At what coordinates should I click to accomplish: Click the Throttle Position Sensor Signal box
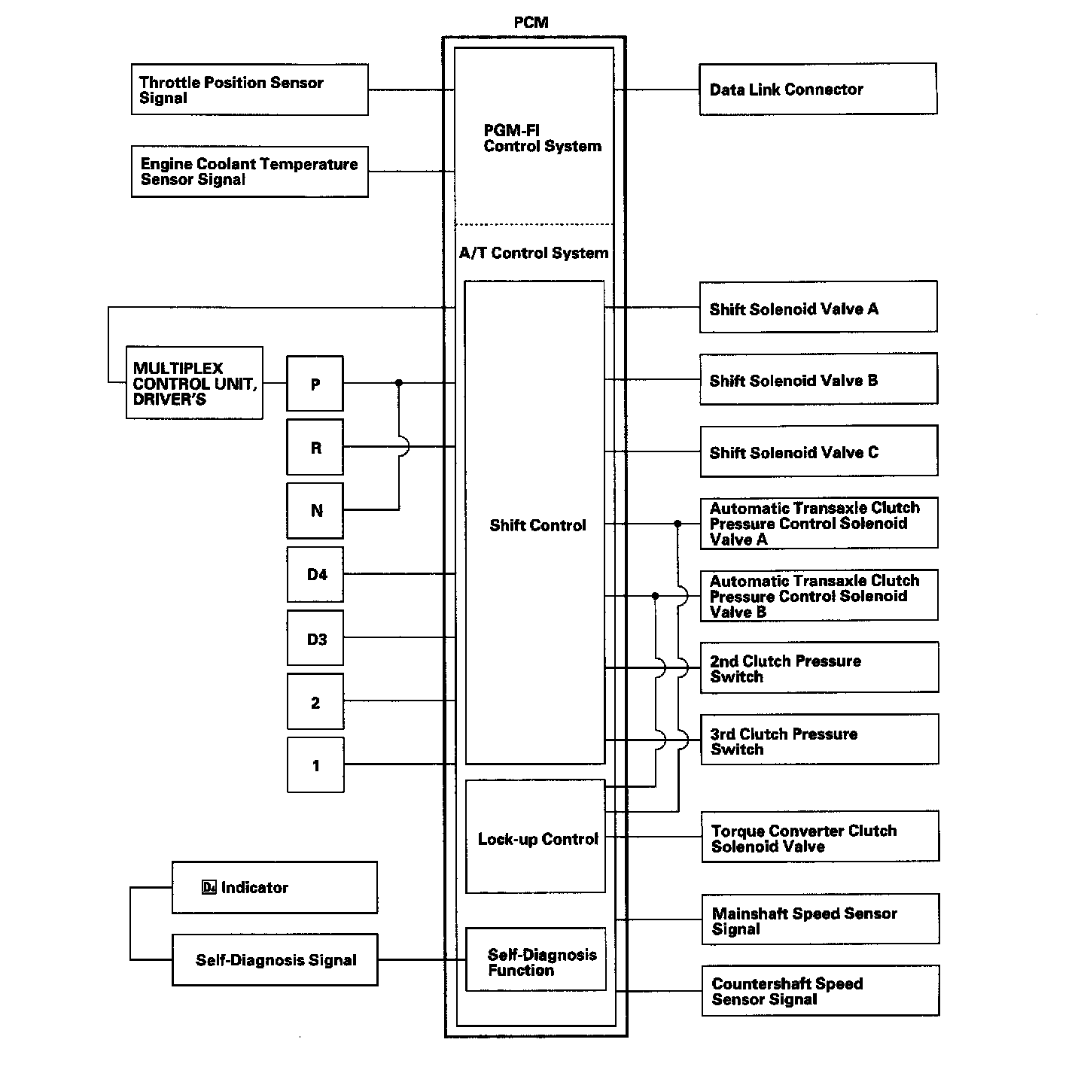(x=249, y=90)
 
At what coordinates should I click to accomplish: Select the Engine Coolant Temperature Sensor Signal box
(x=249, y=172)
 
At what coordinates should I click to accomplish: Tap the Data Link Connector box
(x=818, y=90)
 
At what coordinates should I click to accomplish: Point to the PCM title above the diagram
(x=531, y=23)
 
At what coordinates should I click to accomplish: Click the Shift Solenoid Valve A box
(x=818, y=307)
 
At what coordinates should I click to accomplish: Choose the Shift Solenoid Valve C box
(x=818, y=451)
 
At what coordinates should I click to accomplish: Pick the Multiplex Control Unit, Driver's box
(x=194, y=383)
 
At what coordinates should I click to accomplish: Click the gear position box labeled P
(x=315, y=384)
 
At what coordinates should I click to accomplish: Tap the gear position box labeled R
(x=315, y=448)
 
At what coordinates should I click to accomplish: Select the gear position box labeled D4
(x=315, y=575)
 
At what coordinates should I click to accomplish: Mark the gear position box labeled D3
(x=315, y=639)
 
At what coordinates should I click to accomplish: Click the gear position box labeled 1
(x=315, y=765)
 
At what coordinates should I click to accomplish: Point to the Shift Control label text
(x=537, y=525)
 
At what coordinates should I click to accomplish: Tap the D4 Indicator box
(x=274, y=888)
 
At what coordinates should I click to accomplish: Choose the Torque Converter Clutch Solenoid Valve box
(x=820, y=837)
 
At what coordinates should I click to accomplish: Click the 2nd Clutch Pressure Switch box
(x=819, y=667)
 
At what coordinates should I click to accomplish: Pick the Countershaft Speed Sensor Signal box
(x=820, y=991)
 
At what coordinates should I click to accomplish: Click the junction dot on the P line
(x=399, y=383)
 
